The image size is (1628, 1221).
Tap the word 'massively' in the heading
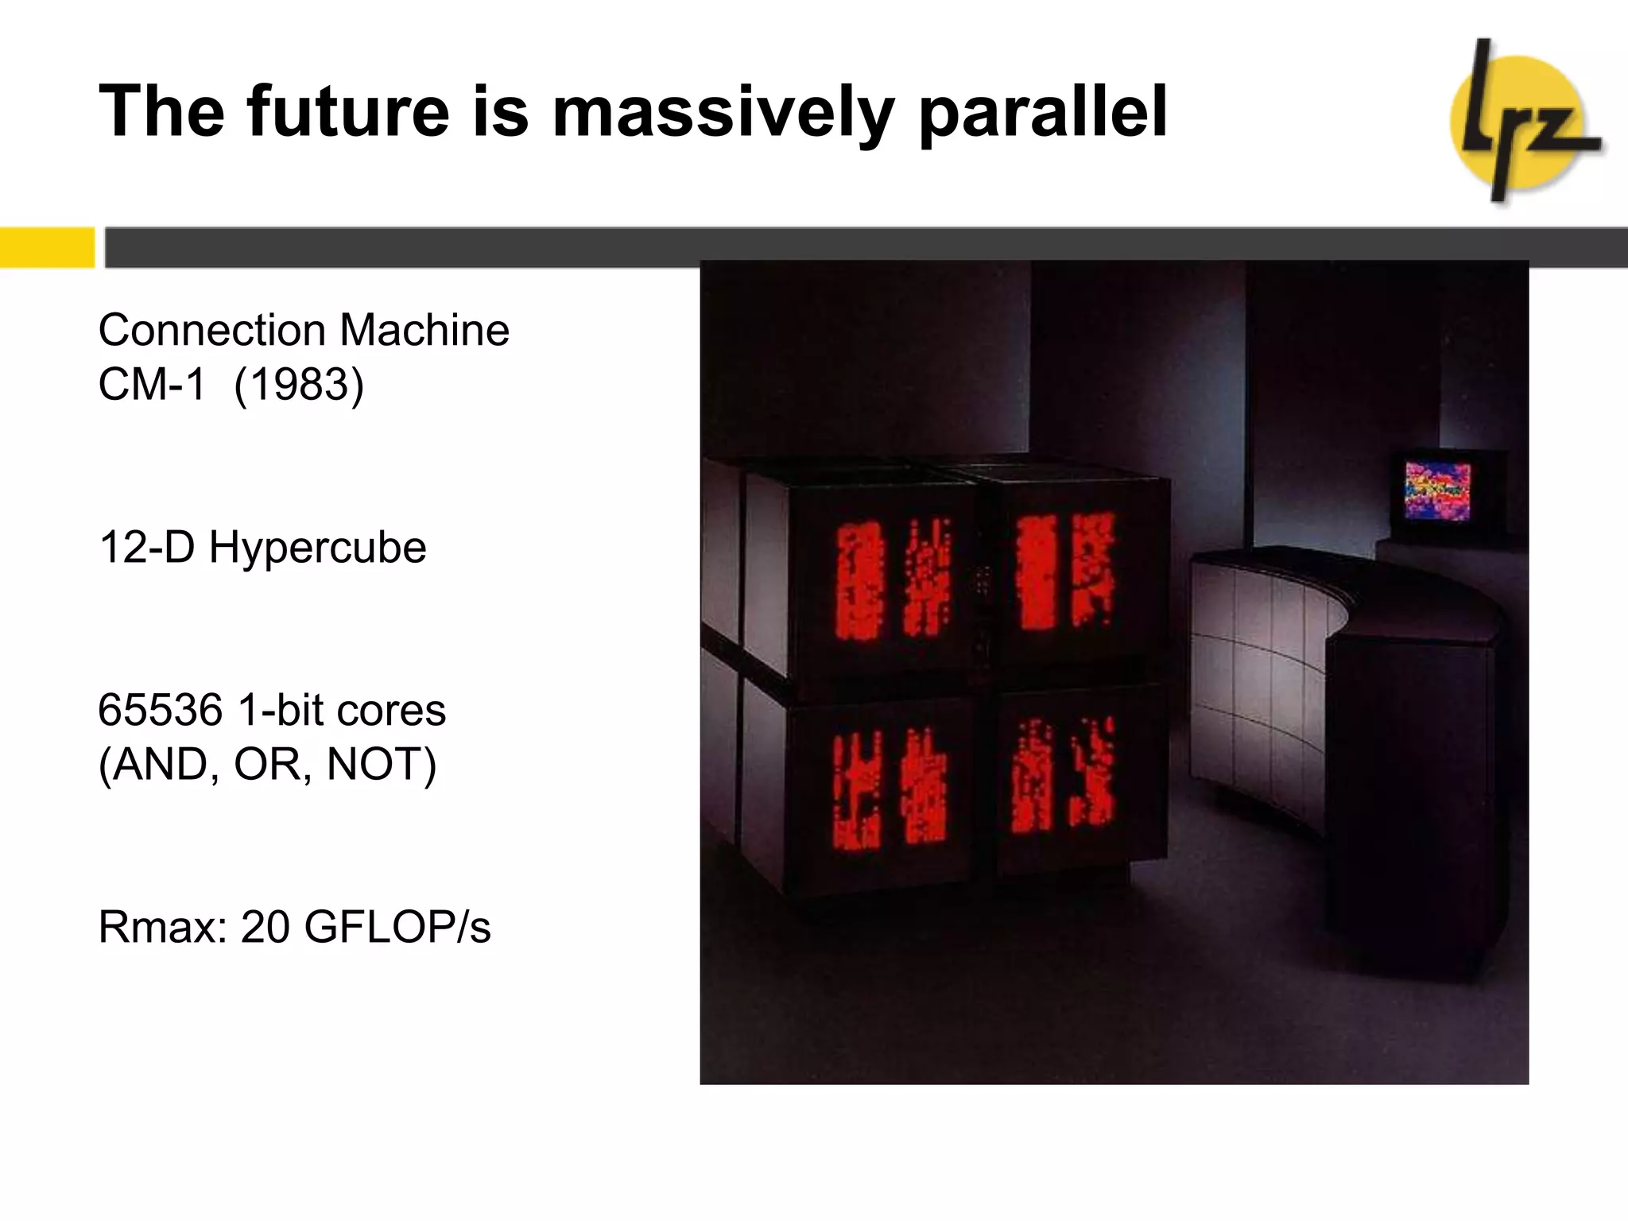pos(723,112)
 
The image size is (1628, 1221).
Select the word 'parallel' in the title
pos(1042,112)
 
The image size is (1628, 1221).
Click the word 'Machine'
pos(424,330)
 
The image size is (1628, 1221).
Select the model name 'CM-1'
pos(152,385)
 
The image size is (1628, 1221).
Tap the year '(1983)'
pos(299,386)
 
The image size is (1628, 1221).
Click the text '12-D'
pos(146,548)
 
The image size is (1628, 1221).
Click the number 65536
pos(160,710)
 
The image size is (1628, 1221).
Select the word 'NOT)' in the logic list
pos(382,765)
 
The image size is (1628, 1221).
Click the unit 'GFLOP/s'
pos(397,927)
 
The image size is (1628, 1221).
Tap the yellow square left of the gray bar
pos(46,247)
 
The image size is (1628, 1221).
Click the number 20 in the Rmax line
pos(265,927)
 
